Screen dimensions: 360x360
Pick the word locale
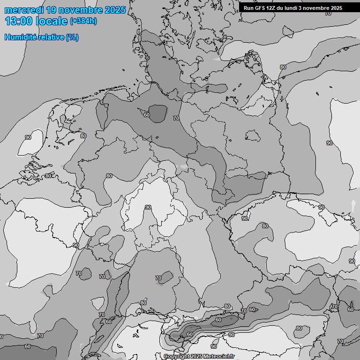pos(52,21)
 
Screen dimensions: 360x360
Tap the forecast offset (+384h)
pos(83,22)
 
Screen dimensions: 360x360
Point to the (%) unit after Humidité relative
pos(72,37)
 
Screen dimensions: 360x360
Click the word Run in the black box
pos(248,8)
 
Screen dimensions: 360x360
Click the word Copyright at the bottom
pos(177,357)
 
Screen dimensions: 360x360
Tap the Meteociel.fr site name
pos(219,357)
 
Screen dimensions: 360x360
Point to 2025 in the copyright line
pos(197,357)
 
